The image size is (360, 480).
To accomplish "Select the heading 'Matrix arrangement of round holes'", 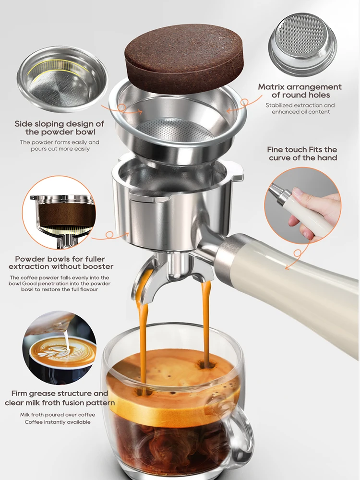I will pyautogui.click(x=300, y=91).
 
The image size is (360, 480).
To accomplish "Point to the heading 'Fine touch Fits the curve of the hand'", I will pyautogui.click(x=302, y=154).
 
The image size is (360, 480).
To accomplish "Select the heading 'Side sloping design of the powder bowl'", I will pyautogui.click(x=59, y=128).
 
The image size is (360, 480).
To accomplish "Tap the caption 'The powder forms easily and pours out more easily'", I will pyautogui.click(x=59, y=145).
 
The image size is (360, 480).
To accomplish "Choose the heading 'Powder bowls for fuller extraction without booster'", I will pyautogui.click(x=64, y=263).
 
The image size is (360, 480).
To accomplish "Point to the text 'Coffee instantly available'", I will pyautogui.click(x=58, y=422).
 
